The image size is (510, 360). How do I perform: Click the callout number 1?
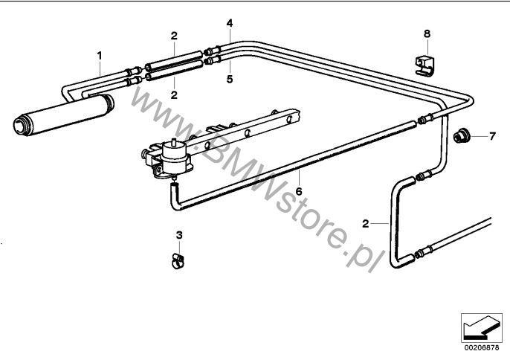100,56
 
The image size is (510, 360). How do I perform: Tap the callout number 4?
230,23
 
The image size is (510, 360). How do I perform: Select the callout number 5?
230,79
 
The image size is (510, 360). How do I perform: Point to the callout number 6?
299,191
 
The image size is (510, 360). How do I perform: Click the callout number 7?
492,136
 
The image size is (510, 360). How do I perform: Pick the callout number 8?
427,33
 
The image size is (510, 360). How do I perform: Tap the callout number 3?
179,235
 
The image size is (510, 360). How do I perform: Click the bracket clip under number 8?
425,65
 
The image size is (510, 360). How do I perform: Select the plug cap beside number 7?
461,135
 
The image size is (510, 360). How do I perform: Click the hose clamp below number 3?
178,261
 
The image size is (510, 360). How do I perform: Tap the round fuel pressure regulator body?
174,155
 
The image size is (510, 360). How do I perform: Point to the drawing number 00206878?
482,347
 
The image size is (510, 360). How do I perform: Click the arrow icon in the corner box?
482,329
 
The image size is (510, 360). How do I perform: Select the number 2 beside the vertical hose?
366,224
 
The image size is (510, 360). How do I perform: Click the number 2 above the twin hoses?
174,36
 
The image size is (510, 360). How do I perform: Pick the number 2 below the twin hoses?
174,95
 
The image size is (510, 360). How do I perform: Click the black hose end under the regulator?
175,186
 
